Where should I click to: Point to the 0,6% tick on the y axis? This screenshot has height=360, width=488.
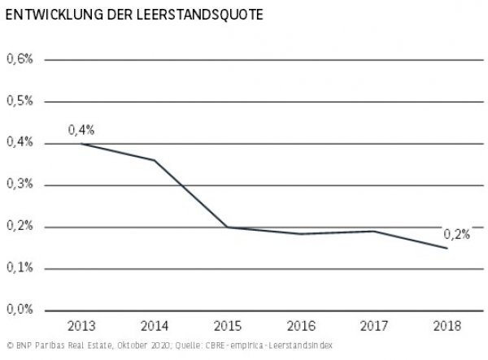point(20,59)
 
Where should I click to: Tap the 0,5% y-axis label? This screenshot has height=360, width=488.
point(20,102)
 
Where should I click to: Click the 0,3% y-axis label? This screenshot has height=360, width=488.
point(20,185)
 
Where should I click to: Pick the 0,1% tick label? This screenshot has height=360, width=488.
point(20,268)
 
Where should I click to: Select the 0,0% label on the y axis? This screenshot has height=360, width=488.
point(20,310)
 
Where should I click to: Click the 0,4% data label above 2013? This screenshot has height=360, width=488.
point(81,130)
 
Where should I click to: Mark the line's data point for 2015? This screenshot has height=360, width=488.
point(227,227)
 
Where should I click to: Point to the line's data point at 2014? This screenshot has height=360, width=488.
point(154,160)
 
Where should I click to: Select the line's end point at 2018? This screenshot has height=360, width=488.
point(447,248)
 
